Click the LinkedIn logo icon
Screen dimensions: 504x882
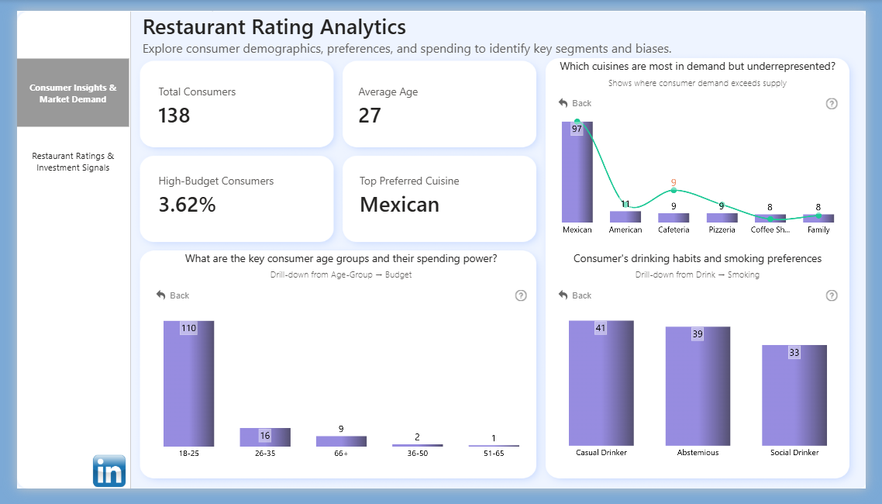pyautogui.click(x=109, y=471)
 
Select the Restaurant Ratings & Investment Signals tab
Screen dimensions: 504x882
pyautogui.click(x=73, y=161)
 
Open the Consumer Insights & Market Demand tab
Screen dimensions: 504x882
pyautogui.click(x=73, y=93)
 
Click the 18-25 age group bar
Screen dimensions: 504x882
pyautogui.click(x=188, y=384)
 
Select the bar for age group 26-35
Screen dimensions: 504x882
pyautogui.click(x=265, y=437)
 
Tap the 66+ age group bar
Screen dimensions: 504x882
pyautogui.click(x=341, y=441)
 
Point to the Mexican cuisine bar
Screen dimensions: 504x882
pyautogui.click(x=577, y=172)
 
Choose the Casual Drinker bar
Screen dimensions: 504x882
pyautogui.click(x=601, y=383)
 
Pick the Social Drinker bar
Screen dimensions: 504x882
pyautogui.click(x=794, y=395)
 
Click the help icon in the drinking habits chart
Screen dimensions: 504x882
pyautogui.click(x=832, y=295)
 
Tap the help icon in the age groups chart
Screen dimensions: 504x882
pyautogui.click(x=521, y=295)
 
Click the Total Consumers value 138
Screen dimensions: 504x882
pyautogui.click(x=174, y=116)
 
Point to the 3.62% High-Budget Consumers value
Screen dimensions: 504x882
pyautogui.click(x=187, y=205)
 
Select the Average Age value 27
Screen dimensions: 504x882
pyautogui.click(x=370, y=116)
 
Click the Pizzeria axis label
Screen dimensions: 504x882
pyautogui.click(x=722, y=230)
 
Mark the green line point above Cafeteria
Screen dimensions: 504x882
pyautogui.click(x=674, y=190)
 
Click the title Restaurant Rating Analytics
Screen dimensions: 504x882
pyautogui.click(x=274, y=27)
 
